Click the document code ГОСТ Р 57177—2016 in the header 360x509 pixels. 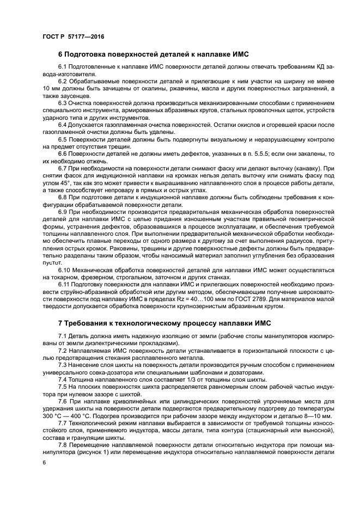pos(72,36)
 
